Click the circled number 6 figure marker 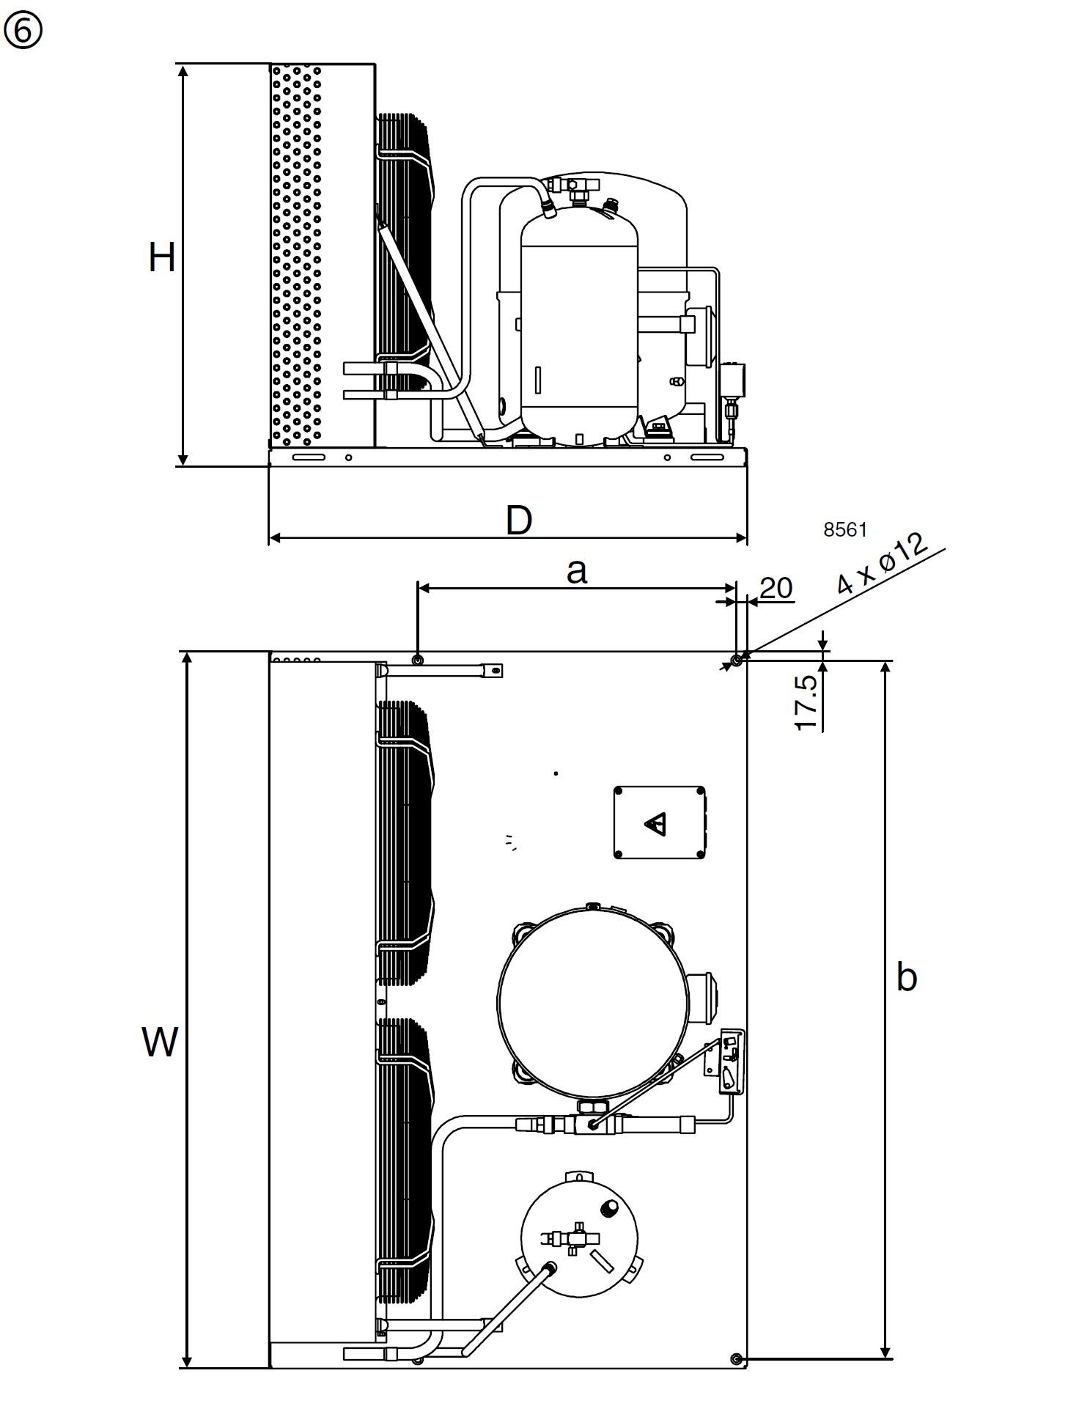tap(23, 32)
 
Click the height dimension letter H tap(162, 258)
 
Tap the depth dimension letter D tap(519, 520)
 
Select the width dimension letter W tap(160, 1042)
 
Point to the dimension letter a tap(577, 570)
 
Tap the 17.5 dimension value tap(806, 702)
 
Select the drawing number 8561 tap(845, 529)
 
